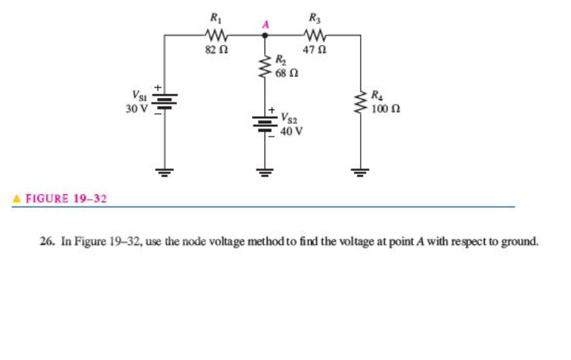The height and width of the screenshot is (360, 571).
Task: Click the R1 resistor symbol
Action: tap(217, 34)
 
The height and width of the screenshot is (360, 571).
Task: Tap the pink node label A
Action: tap(266, 25)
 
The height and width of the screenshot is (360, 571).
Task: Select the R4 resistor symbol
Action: tap(360, 100)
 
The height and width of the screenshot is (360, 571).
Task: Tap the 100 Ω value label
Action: tap(385, 109)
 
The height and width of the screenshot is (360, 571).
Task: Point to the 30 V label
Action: tap(137, 110)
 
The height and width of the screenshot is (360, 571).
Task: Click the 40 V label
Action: tap(291, 132)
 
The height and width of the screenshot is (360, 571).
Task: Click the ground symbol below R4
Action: tap(360, 174)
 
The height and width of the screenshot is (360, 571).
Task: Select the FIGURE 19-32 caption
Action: tap(66, 198)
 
